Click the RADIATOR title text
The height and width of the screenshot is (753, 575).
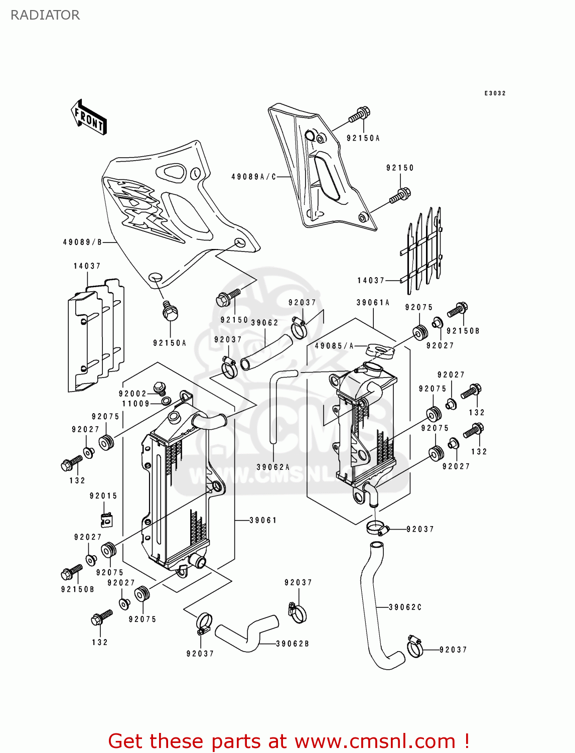[45, 15]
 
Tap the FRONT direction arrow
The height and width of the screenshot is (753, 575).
[89, 117]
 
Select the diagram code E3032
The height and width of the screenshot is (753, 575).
[495, 93]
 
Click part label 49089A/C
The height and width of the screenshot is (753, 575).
[254, 177]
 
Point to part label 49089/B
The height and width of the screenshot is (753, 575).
[82, 242]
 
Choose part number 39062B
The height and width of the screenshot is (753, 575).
[293, 644]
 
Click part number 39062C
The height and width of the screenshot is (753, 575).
[405, 607]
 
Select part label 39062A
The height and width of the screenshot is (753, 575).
[273, 467]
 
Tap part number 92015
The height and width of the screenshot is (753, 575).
[103, 495]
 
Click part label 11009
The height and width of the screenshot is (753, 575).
[136, 404]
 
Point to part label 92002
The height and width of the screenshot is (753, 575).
[132, 394]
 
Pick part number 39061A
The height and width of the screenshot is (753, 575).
[373, 302]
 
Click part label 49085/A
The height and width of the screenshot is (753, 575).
[334, 346]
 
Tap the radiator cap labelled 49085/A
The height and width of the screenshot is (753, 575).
[381, 350]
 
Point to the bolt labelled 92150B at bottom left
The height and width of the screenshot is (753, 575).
[70, 572]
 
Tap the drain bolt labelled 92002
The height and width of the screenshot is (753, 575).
[160, 388]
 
